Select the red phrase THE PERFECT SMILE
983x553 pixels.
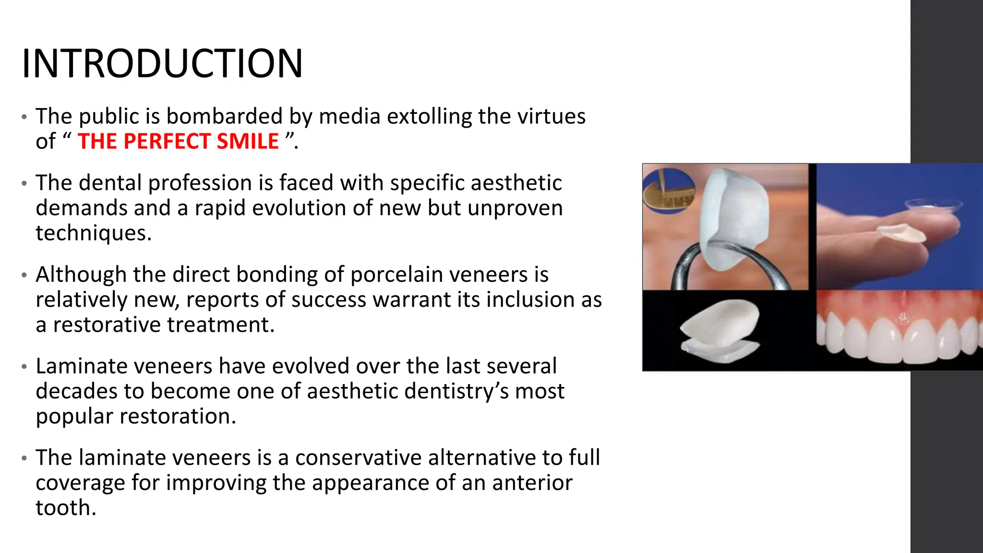[178, 141]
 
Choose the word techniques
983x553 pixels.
[94, 233]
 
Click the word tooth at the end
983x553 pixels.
[66, 508]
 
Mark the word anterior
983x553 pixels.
[532, 483]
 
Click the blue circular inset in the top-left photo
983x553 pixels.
[668, 191]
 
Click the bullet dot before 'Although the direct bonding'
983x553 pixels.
[24, 276]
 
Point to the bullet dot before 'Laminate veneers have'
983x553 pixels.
[24, 367]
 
